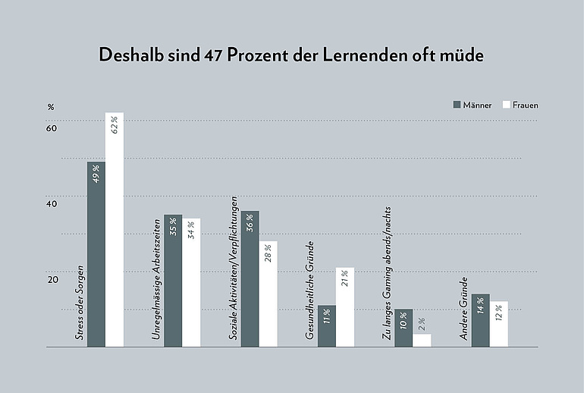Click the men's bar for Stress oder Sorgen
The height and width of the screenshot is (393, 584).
pos(96,254)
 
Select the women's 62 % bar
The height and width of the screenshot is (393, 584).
pos(115,230)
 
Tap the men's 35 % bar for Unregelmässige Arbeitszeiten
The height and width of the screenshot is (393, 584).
pos(173,281)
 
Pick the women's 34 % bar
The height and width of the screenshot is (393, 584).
pos(191,282)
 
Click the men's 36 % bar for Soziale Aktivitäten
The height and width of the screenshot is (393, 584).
pos(250,278)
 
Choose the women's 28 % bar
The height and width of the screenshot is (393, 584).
pos(268,294)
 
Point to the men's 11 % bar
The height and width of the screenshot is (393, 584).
pos(327,326)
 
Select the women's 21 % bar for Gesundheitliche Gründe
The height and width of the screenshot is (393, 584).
pos(345,307)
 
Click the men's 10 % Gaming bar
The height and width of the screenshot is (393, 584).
pos(403,328)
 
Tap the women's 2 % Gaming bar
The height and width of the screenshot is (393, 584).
pos(422,341)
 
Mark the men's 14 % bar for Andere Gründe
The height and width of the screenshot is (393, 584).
pos(480,320)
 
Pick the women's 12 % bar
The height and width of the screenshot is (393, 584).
pos(498,324)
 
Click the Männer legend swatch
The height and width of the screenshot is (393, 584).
pos(458,105)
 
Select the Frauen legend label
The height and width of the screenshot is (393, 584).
pos(526,105)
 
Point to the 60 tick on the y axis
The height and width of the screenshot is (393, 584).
pos(52,128)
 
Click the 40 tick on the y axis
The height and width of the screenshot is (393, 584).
pos(52,203)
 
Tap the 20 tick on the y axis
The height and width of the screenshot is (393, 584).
pos(52,279)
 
